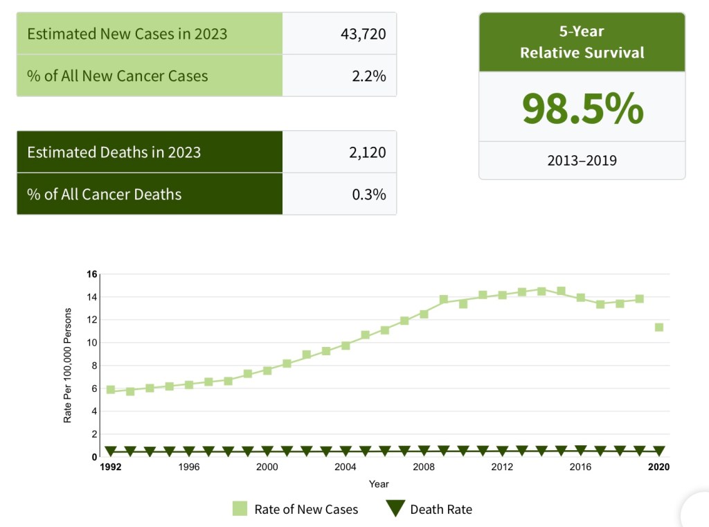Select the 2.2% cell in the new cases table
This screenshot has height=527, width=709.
pos(368,75)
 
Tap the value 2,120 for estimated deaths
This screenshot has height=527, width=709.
pos(367,152)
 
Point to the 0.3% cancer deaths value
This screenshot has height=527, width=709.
pos(368,194)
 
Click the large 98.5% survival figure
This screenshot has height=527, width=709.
pos(582,108)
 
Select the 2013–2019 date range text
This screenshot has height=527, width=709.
pos(582,161)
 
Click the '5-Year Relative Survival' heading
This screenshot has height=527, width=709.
pos(582,42)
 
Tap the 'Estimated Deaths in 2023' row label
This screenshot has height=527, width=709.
pos(114,152)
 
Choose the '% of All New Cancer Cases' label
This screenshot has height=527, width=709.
pos(118,75)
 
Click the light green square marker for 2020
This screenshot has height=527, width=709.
pos(659,327)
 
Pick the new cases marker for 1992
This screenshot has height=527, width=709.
pos(111,390)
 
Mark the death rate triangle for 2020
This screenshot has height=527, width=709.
pos(659,451)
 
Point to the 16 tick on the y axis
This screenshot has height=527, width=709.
pos(92,274)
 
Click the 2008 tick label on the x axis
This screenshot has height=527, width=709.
pos(424,467)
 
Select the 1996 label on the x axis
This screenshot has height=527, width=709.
pos(189,467)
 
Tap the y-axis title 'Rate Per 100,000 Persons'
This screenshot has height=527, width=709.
pos(68,366)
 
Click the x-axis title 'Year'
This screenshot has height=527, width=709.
pos(379,484)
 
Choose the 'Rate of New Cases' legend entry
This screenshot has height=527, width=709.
pos(296,510)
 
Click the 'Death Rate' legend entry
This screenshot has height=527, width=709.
pos(429,510)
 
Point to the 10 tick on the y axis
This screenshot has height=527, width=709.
pos(92,343)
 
